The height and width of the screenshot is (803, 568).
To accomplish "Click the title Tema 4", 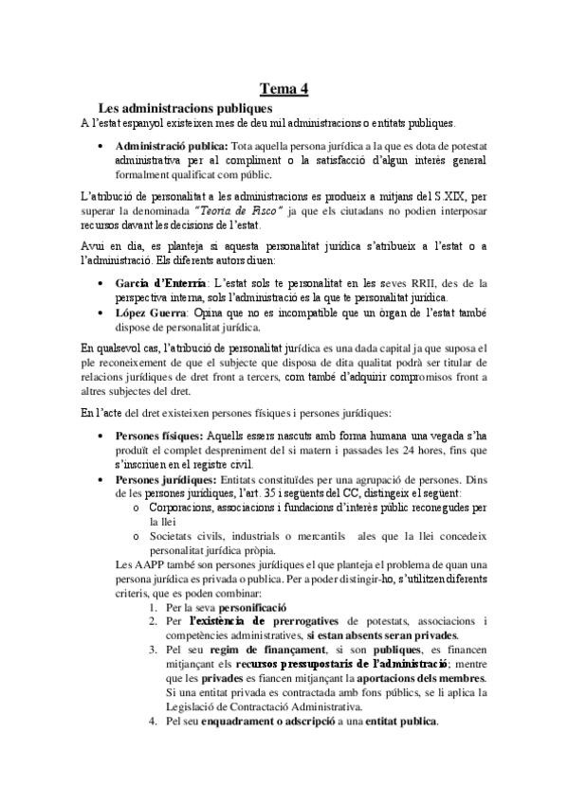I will tap(284, 89).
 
